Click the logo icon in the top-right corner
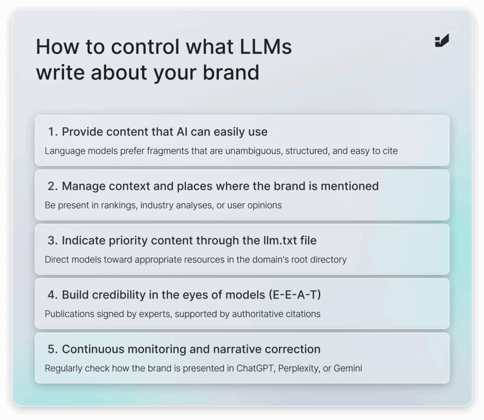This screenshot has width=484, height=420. tap(442, 41)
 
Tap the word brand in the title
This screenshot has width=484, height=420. tap(231, 72)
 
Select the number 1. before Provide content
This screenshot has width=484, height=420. tap(53, 132)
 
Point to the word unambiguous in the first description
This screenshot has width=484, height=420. tap(253, 151)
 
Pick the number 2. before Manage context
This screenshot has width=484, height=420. tap(53, 186)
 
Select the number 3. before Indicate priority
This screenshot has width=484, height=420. tap(53, 241)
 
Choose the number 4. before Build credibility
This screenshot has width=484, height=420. tap(53, 295)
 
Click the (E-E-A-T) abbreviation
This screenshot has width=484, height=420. tap(295, 295)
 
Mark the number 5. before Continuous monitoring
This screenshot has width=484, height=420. tap(53, 349)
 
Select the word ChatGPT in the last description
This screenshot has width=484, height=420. tap(256, 368)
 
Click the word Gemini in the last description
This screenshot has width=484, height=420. tap(347, 368)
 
